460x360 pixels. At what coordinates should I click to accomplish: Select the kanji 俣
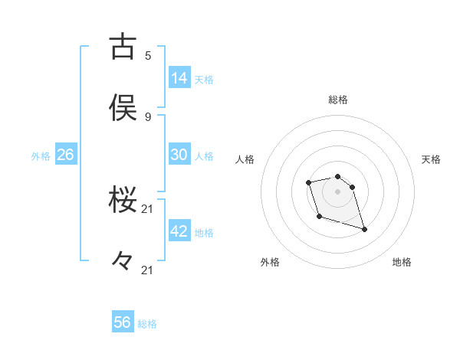[123, 109]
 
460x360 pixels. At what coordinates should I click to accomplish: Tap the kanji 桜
[123, 201]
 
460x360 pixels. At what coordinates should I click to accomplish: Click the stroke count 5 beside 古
[147, 55]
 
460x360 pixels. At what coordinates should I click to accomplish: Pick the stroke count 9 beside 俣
[147, 116]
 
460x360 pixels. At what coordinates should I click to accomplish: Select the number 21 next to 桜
[147, 208]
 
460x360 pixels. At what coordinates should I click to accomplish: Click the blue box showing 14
[179, 77]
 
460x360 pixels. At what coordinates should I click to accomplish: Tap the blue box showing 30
[179, 154]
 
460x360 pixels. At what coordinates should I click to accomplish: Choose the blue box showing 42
[179, 231]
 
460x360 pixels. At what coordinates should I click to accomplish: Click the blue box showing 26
[65, 155]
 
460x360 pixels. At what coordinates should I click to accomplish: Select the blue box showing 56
[123, 322]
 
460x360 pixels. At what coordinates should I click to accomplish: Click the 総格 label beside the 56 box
[147, 324]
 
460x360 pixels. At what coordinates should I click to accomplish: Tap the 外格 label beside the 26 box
[41, 156]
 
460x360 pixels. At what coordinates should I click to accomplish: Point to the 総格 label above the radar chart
[338, 100]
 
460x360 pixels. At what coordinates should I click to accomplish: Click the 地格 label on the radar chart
[402, 262]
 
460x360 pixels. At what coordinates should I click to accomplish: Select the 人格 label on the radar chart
[245, 159]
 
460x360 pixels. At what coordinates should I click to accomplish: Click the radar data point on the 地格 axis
[364, 229]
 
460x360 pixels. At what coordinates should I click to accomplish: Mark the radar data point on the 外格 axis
[319, 217]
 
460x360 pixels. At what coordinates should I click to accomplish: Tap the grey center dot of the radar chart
[337, 191]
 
